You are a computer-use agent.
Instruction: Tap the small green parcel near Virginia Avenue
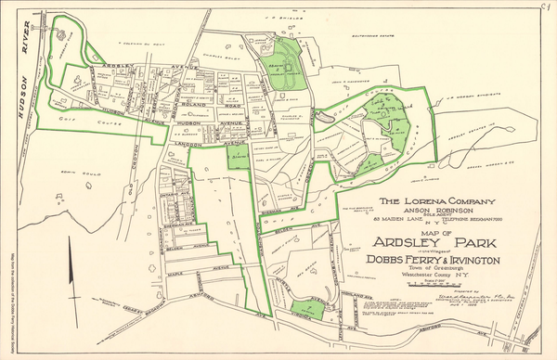point(307,311)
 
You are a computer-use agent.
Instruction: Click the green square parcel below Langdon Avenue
point(238,160)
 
